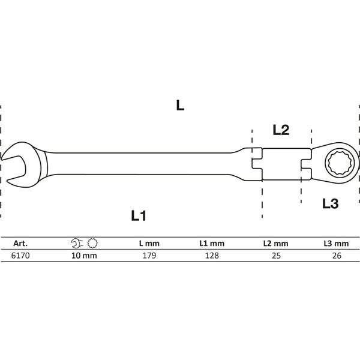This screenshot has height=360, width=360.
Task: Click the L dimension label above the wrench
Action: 180,106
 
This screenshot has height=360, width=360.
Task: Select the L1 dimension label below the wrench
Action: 139,215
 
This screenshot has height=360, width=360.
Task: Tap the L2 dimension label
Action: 281,130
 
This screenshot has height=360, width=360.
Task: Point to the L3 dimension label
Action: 331,203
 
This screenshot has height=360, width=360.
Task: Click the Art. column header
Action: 20,244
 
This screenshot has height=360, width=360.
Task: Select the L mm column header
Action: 149,244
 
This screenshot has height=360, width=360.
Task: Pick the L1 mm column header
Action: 212,244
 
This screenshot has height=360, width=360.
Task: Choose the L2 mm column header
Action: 276,244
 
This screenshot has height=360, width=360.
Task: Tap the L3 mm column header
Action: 336,244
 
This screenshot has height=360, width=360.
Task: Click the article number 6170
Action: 20,256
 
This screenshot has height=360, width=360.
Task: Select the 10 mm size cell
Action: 84,256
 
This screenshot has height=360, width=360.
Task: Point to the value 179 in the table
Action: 149,256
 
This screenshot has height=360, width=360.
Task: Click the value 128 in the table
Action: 212,256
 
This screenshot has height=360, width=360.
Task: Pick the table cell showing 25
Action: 276,256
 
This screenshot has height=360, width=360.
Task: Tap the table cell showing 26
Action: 337,256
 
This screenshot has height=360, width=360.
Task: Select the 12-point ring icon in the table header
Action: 92,244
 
